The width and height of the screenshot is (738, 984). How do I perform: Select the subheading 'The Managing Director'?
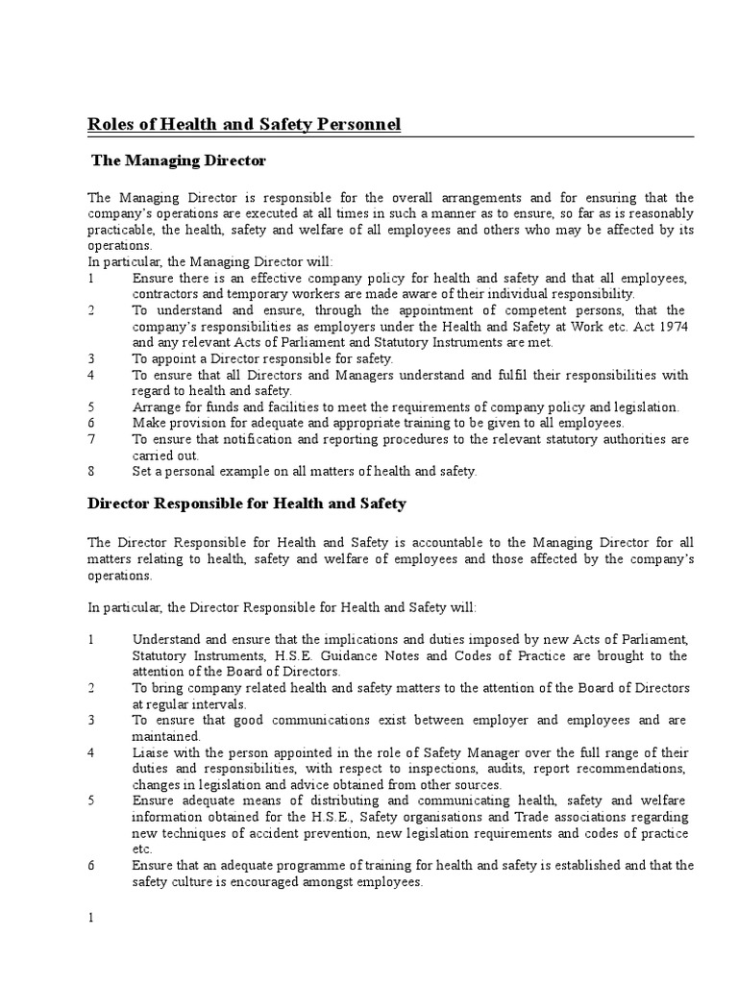pyautogui.click(x=178, y=160)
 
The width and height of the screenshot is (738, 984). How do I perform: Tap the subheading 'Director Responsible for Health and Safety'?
pyautogui.click(x=247, y=503)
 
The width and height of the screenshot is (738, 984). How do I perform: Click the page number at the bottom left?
pyautogui.click(x=91, y=918)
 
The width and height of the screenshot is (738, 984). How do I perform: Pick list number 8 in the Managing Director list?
pyautogui.click(x=91, y=471)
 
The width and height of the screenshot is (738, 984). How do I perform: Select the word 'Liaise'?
pyautogui.click(x=150, y=752)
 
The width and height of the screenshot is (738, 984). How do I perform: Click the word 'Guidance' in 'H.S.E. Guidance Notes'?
pyautogui.click(x=353, y=655)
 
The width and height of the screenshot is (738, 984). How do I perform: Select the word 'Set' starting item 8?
pyautogui.click(x=142, y=471)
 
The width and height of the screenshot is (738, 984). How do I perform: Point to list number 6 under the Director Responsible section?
pyautogui.click(x=91, y=865)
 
